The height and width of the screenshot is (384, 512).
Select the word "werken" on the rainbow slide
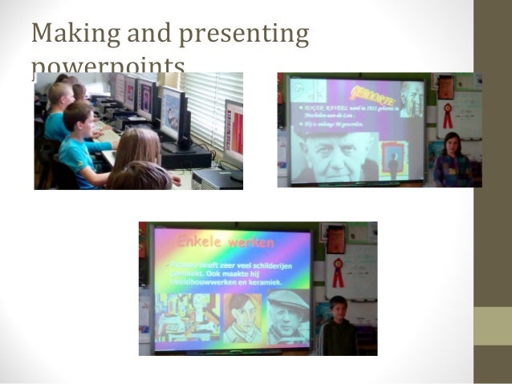246,241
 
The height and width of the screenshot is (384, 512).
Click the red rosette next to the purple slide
447,115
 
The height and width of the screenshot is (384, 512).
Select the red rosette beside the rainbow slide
338,272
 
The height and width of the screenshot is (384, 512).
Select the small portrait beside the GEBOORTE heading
412,98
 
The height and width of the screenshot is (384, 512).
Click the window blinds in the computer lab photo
210,104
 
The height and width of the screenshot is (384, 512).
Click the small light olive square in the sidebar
492,325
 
